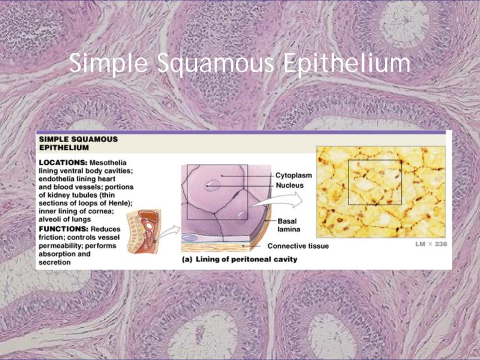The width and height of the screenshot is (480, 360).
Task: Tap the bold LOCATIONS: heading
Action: click(x=63, y=162)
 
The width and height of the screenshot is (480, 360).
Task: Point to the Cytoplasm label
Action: click(x=293, y=176)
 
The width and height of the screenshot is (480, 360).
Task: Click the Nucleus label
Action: click(x=290, y=185)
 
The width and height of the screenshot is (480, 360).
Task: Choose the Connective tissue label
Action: click(x=298, y=246)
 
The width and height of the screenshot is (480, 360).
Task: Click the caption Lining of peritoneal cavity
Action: click(x=246, y=259)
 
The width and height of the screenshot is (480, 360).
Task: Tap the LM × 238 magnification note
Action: click(x=431, y=244)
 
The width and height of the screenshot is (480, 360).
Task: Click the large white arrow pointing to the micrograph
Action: click(x=277, y=201)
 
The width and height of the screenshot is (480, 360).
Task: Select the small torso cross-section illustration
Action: click(x=144, y=231)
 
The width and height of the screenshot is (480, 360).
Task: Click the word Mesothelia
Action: click(x=108, y=162)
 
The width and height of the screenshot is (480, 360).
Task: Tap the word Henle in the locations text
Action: click(x=121, y=203)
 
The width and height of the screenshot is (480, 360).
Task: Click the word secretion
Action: click(x=54, y=263)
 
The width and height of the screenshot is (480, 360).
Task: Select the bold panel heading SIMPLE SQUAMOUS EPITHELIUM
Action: click(x=78, y=143)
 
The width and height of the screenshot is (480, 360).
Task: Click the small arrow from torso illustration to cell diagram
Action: click(x=168, y=232)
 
